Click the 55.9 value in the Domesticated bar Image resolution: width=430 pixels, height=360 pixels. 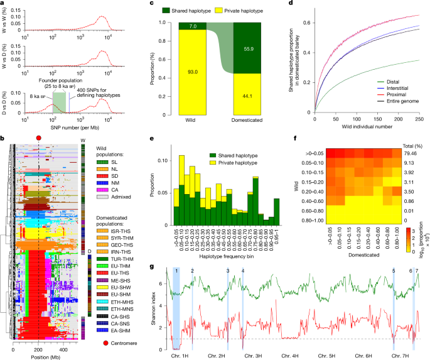(250, 56)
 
